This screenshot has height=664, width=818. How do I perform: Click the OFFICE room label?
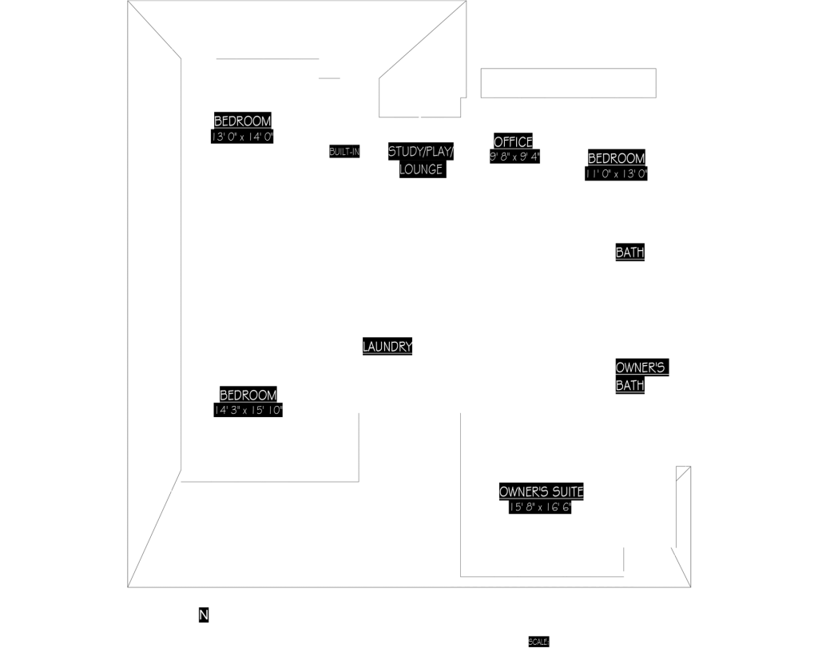(x=513, y=142)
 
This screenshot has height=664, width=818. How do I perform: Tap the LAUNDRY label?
(x=387, y=347)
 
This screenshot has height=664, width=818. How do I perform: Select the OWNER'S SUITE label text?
(x=541, y=491)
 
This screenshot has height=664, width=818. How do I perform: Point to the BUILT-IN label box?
(x=344, y=151)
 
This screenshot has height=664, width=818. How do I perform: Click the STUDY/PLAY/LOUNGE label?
(x=420, y=160)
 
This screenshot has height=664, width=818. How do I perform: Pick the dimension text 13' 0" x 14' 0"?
(x=242, y=137)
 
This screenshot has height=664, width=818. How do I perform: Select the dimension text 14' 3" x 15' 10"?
(x=248, y=410)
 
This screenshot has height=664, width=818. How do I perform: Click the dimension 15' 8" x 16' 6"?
(x=541, y=507)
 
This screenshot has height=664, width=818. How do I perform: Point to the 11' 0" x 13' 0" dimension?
(x=616, y=173)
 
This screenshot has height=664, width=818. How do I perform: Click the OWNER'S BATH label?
(x=640, y=376)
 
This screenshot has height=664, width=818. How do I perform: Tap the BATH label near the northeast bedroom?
(x=629, y=252)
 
